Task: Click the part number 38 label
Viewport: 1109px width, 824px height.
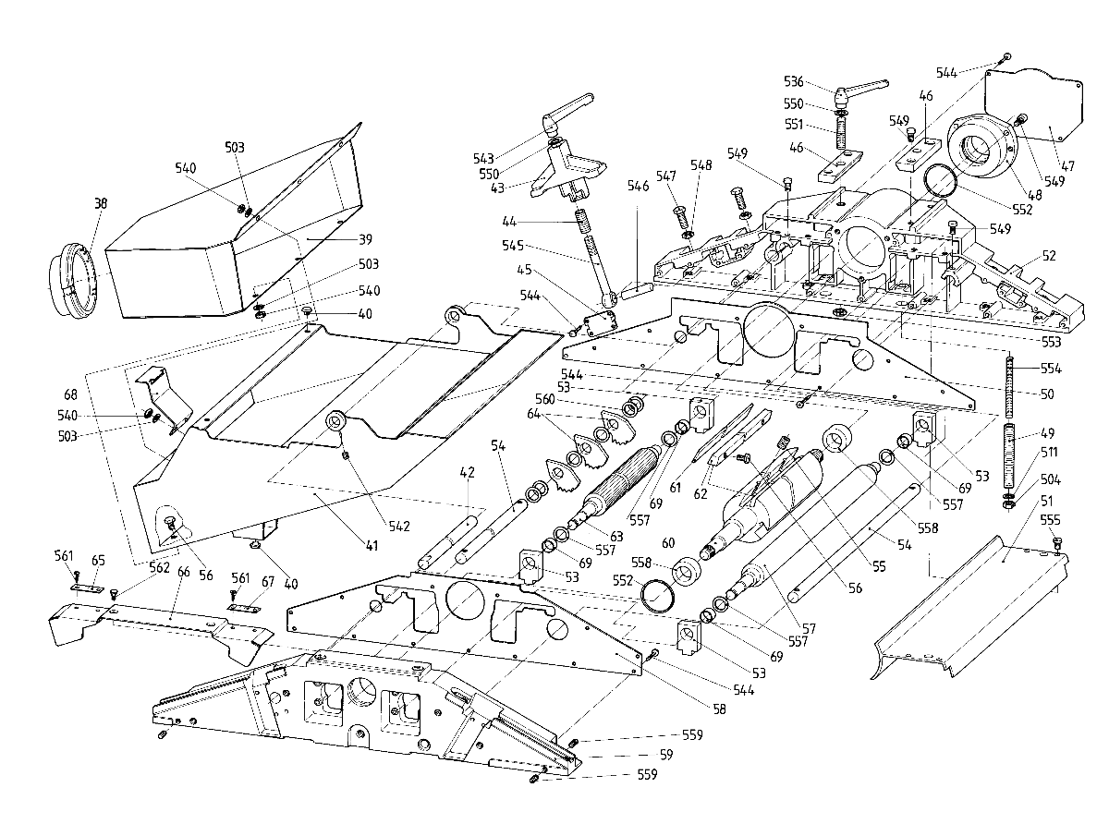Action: (x=101, y=203)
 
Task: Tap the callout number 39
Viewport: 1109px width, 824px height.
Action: (x=365, y=239)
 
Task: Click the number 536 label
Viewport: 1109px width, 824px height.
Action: (x=794, y=81)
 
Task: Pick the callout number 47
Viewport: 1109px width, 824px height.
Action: (x=1067, y=165)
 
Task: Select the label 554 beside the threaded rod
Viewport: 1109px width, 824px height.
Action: (x=1051, y=369)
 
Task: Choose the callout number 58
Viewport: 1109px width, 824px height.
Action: (x=719, y=709)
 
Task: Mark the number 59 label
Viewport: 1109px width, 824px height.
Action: (x=666, y=754)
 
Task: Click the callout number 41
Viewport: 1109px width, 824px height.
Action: (x=372, y=545)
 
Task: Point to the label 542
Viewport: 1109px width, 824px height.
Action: (x=399, y=526)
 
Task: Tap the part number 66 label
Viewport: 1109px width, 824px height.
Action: (x=184, y=572)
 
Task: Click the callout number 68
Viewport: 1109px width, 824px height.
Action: (x=70, y=394)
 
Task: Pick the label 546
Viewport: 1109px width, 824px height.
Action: (x=638, y=186)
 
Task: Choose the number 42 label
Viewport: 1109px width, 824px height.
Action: (x=467, y=472)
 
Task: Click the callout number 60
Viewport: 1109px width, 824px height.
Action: (x=668, y=542)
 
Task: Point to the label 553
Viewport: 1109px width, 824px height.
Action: (x=1051, y=342)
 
